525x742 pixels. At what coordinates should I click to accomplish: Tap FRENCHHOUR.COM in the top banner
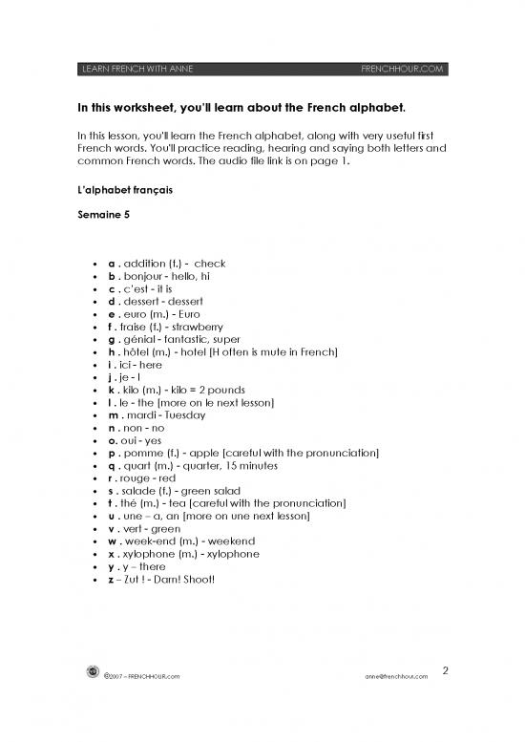click(403, 69)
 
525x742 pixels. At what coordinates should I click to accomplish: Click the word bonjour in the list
click(144, 275)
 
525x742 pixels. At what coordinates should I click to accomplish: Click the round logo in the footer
click(93, 674)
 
